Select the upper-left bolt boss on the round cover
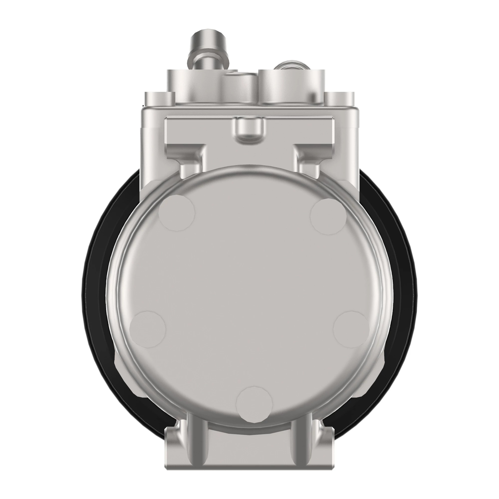[x=176, y=213]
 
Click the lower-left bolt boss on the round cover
[x=147, y=329]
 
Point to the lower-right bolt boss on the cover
[x=351, y=329]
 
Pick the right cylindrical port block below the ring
[x=292, y=87]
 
